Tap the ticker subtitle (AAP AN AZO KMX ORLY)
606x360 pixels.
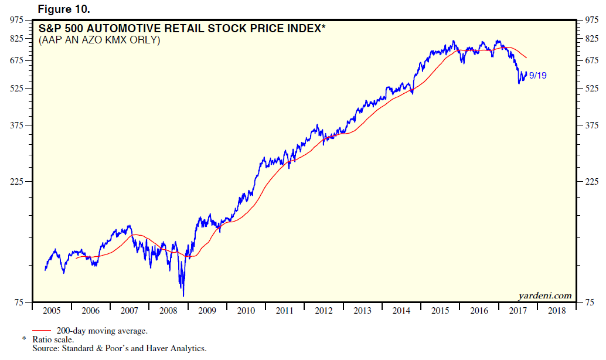pyautogui.click(x=99, y=40)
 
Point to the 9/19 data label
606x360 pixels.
pyautogui.click(x=537, y=76)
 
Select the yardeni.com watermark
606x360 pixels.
pyautogui.click(x=545, y=296)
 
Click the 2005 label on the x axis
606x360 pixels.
pyautogui.click(x=52, y=311)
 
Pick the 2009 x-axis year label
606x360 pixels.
pyautogui.click(x=207, y=311)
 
